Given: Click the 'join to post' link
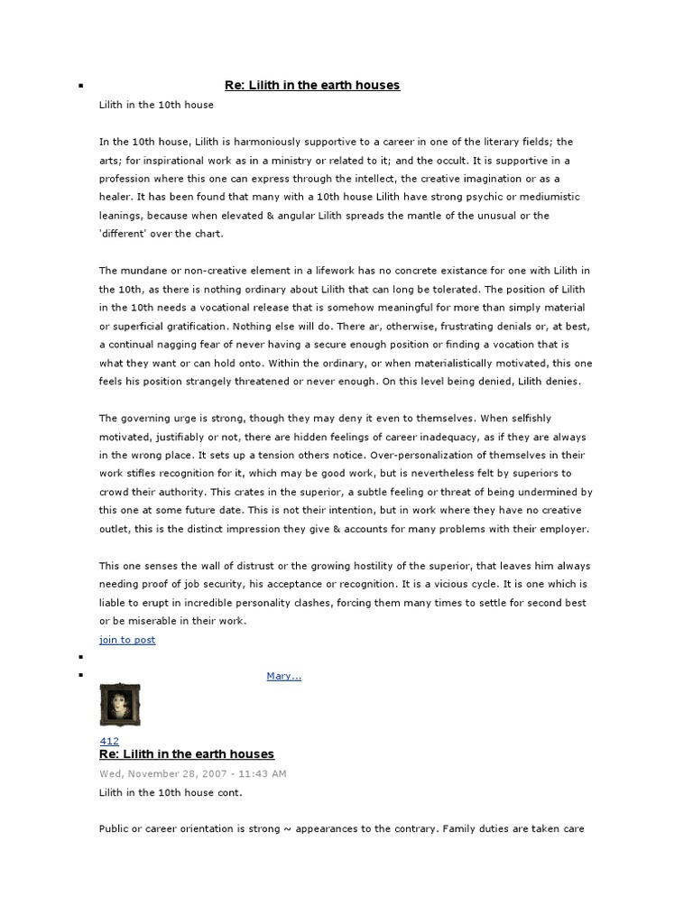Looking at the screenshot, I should pyautogui.click(x=127, y=640).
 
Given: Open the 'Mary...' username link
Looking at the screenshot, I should pyautogui.click(x=283, y=676).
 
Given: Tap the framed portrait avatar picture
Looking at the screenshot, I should pyautogui.click(x=119, y=705).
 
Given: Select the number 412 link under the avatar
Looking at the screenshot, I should pyautogui.click(x=108, y=741).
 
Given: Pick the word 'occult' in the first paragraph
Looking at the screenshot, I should pyautogui.click(x=454, y=161).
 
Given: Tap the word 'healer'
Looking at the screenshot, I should pyautogui.click(x=116, y=197).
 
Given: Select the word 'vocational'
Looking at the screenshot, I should pyautogui.click(x=226, y=308).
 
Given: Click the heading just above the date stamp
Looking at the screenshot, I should pyautogui.click(x=187, y=754).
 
